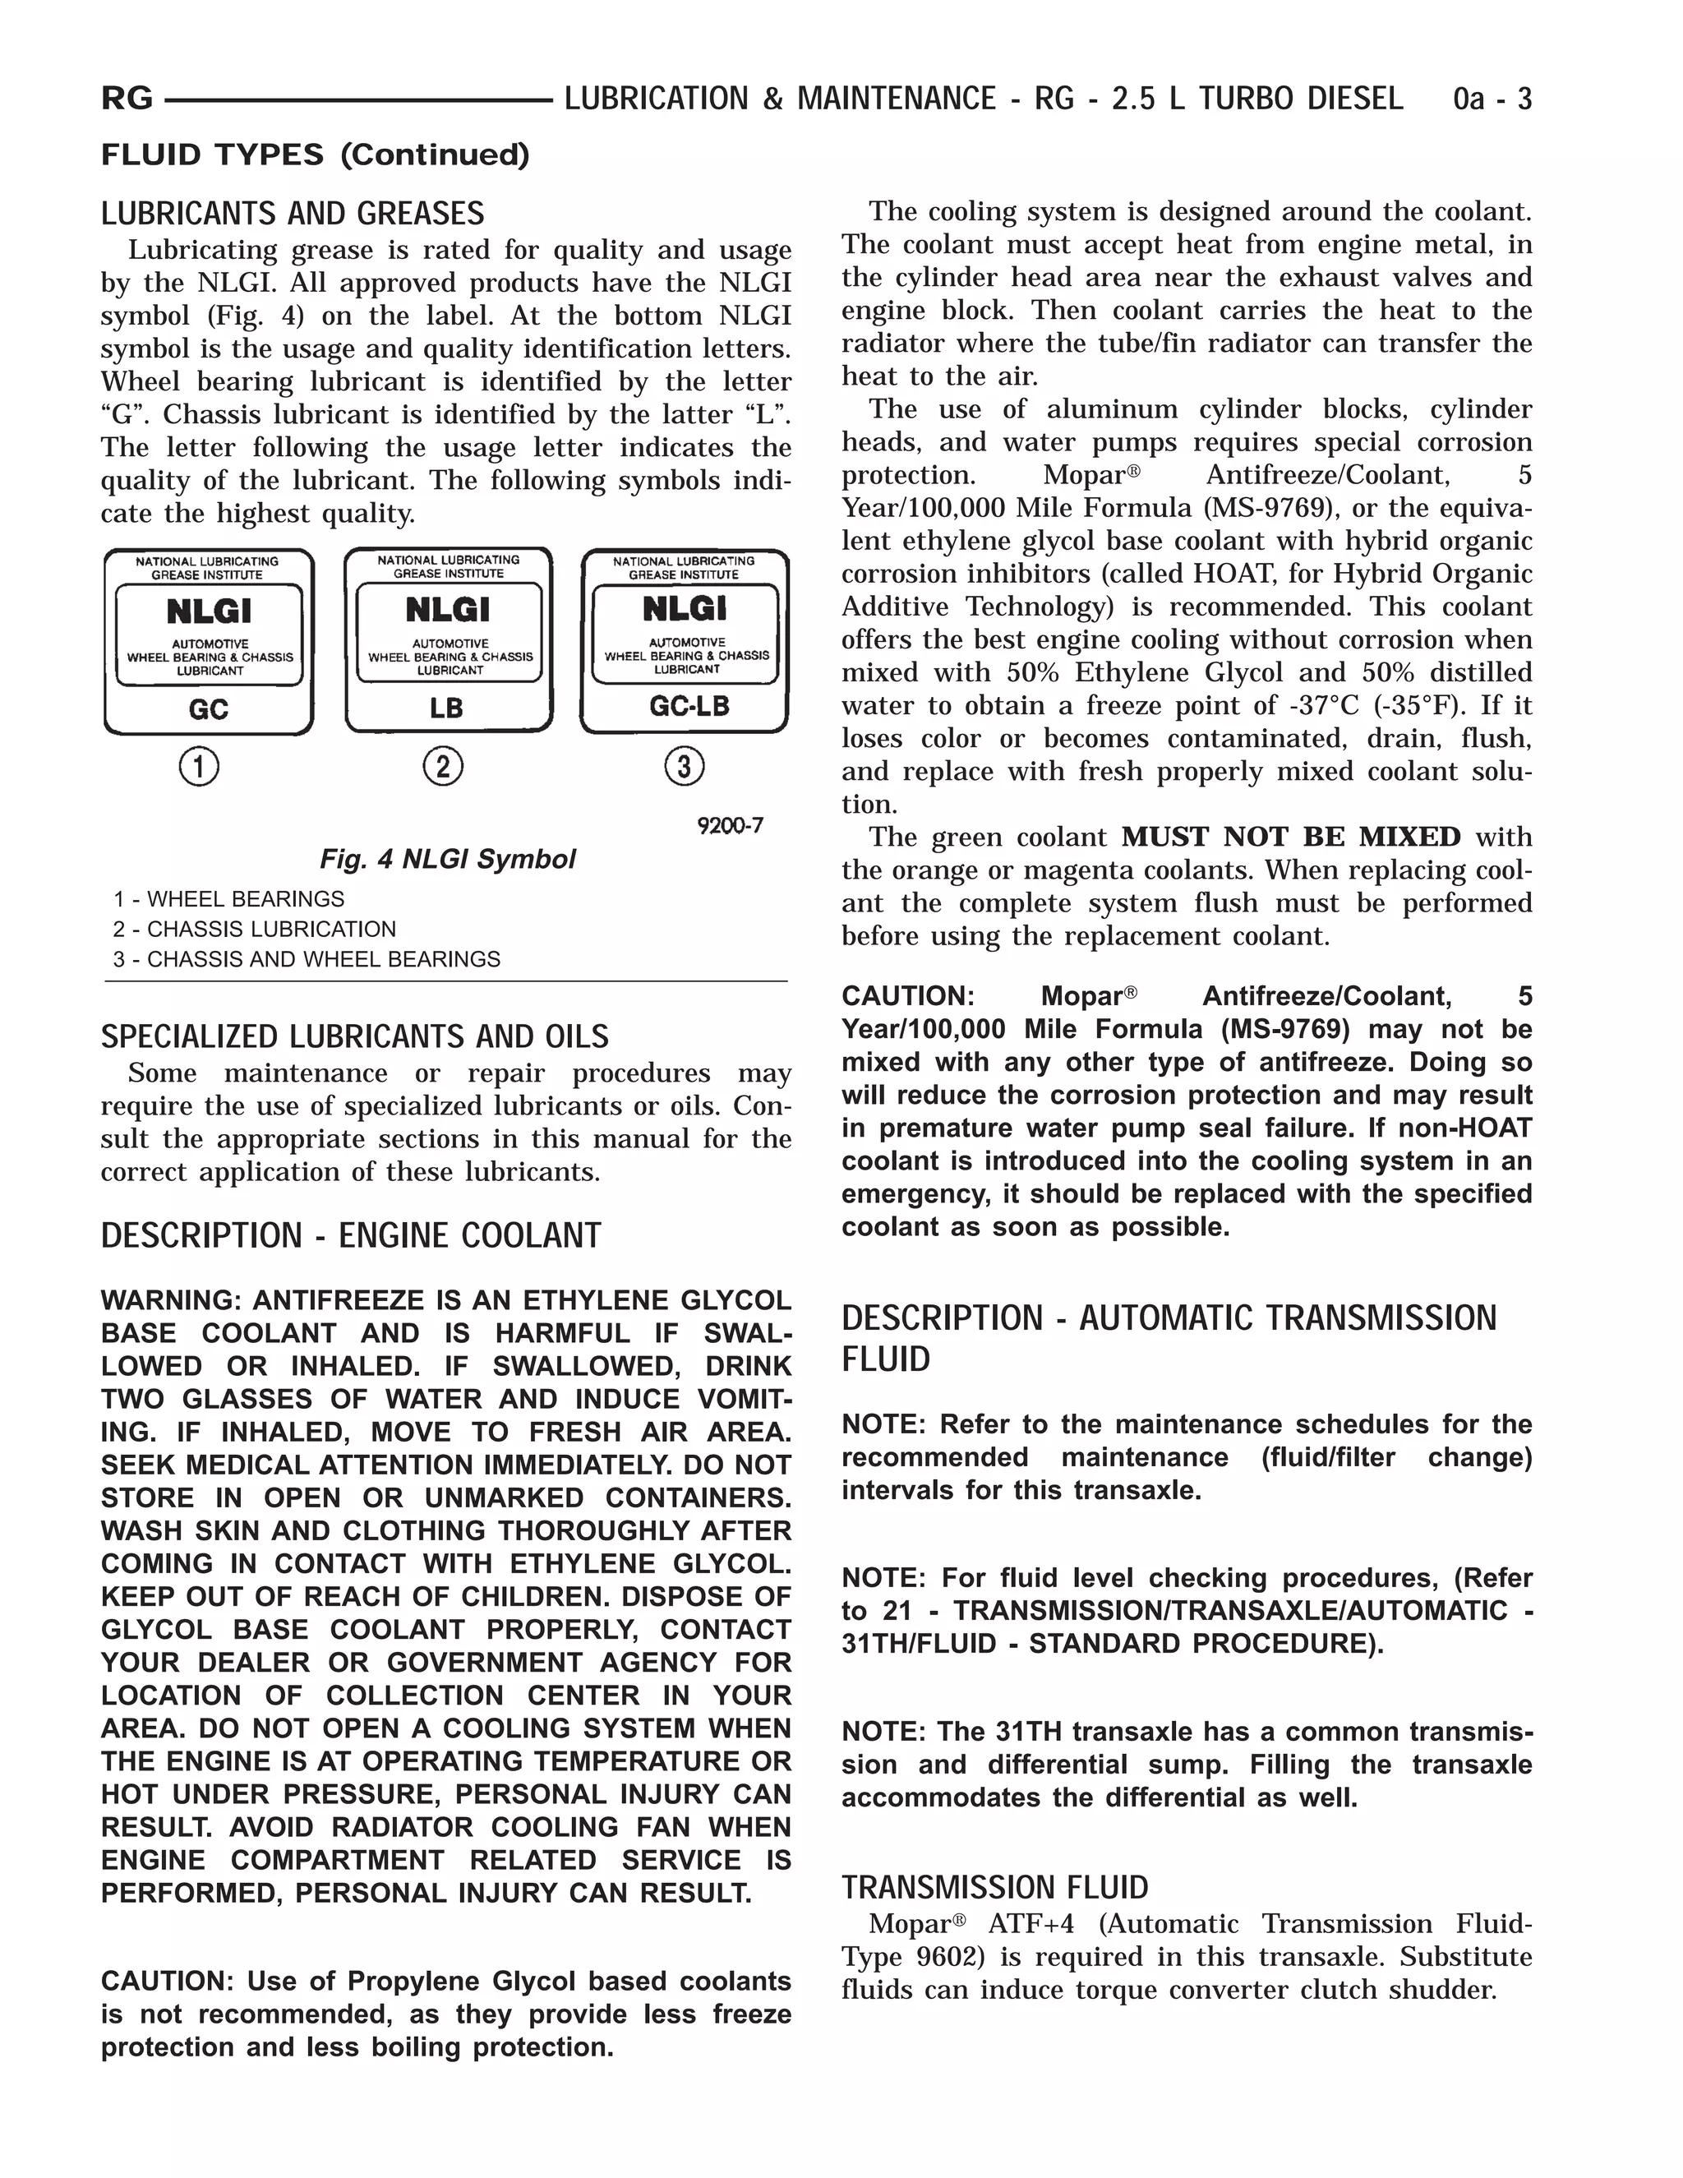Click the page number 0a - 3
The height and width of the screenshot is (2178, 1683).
(1492, 99)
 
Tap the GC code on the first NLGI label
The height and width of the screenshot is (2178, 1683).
(209, 709)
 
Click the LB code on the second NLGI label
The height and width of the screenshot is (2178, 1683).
(447, 708)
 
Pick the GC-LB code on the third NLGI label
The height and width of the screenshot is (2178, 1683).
(689, 706)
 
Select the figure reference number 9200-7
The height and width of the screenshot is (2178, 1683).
(730, 826)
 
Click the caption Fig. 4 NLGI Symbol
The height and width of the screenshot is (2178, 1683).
(447, 860)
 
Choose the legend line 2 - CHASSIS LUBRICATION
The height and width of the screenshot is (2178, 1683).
(254, 930)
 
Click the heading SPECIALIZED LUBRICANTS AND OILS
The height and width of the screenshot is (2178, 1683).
(354, 1037)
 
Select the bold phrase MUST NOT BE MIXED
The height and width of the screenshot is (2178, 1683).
(1290, 837)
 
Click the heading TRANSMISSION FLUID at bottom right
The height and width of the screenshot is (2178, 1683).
(994, 1887)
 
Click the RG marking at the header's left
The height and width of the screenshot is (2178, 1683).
(127, 99)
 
